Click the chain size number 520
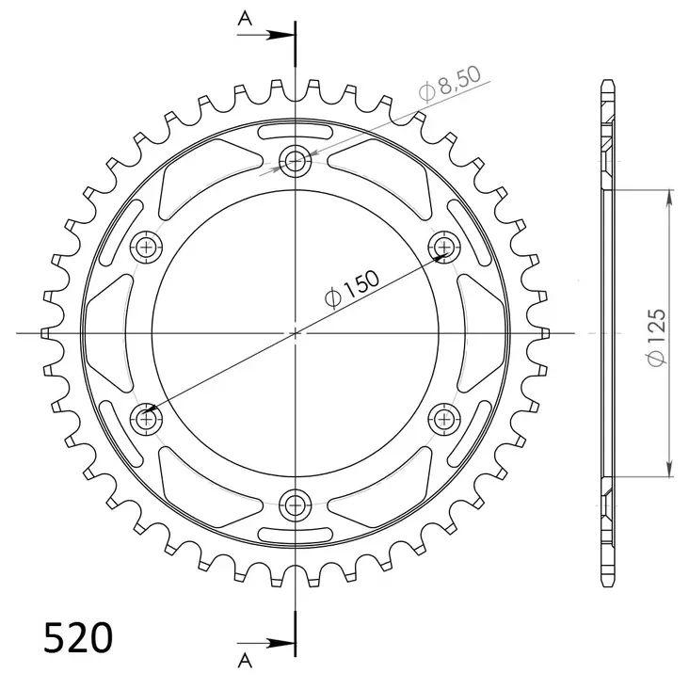[x=78, y=637]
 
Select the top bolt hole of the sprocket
[x=296, y=161]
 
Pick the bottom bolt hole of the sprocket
[x=296, y=503]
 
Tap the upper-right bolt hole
[x=443, y=247]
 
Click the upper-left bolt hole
[x=148, y=247]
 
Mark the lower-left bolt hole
[x=148, y=417]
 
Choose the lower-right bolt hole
[x=443, y=417]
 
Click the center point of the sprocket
[x=296, y=332]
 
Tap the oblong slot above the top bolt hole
[x=296, y=129]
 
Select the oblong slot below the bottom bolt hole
[x=296, y=535]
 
